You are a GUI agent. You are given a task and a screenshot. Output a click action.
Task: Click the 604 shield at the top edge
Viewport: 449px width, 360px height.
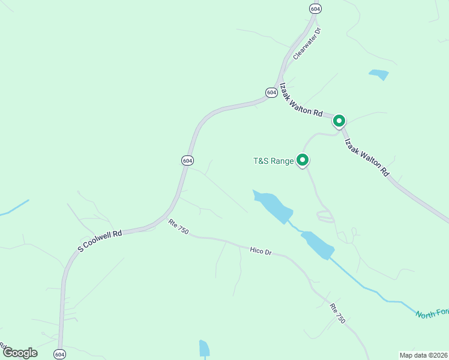tap(315, 8)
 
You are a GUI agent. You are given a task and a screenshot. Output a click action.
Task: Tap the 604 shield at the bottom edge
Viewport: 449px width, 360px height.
tap(59, 355)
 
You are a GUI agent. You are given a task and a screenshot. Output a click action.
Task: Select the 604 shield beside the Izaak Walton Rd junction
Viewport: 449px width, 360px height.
tap(271, 92)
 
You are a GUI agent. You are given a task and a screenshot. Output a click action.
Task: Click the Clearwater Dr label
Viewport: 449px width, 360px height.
tap(308, 43)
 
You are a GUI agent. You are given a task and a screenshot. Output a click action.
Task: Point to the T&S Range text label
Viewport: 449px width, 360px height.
tap(273, 161)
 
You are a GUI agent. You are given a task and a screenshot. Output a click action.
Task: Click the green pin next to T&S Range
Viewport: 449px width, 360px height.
tap(303, 160)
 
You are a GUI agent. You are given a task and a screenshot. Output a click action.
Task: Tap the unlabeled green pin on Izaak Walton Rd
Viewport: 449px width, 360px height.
tap(339, 121)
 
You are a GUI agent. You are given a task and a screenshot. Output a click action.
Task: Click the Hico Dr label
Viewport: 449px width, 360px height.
tap(261, 251)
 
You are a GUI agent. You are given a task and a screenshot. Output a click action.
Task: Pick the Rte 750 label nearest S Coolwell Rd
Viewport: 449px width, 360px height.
tap(178, 227)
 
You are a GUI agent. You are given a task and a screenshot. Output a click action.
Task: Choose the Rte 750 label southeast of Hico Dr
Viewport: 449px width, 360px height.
tap(337, 313)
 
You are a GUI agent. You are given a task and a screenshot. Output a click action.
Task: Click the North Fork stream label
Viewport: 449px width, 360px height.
tap(432, 314)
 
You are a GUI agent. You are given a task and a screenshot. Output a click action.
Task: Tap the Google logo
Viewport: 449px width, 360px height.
tap(20, 353)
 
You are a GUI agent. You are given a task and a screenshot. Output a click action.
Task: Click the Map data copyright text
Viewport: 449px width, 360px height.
tap(423, 355)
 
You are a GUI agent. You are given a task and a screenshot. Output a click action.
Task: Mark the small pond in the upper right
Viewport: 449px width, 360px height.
tap(379, 74)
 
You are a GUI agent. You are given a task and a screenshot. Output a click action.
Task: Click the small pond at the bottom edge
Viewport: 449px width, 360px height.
tap(204, 349)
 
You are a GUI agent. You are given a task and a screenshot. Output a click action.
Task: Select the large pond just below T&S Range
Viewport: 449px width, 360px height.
tap(274, 205)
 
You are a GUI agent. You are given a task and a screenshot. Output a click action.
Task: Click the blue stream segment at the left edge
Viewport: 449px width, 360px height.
tap(13, 206)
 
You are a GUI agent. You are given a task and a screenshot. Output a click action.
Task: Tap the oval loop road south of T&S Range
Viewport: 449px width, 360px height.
tap(325, 217)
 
